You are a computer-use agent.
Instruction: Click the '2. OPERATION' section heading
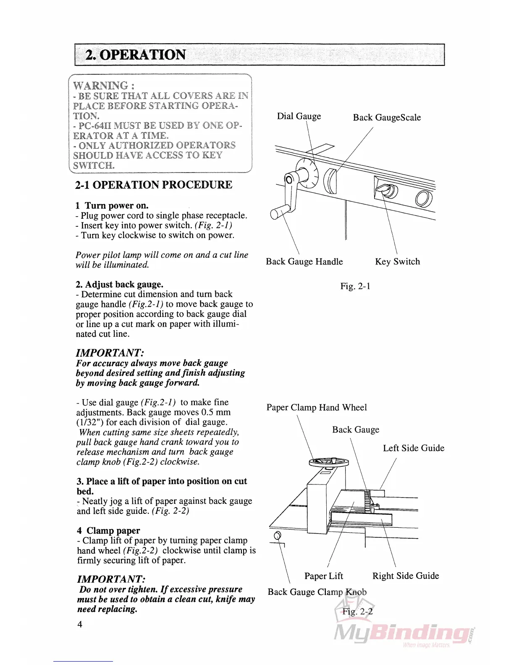[135, 55]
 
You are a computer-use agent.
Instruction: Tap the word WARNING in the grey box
[101, 86]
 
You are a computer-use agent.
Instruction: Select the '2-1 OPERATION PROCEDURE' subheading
[154, 185]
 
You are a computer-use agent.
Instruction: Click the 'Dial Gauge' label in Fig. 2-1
[299, 116]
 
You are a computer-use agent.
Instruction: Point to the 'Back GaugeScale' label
[387, 118]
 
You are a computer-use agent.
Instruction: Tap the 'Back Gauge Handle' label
[304, 262]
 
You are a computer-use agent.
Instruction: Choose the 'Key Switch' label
[397, 262]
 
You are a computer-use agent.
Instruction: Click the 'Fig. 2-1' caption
[355, 286]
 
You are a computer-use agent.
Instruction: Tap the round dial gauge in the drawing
[307, 173]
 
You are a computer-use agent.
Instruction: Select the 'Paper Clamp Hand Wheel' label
[317, 408]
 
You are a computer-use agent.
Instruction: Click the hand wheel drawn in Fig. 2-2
[329, 462]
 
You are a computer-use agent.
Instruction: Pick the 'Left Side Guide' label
[413, 448]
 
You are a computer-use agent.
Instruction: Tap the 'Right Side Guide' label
[406, 576]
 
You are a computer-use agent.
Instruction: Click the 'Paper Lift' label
[323, 576]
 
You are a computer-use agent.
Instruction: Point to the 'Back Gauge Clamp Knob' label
[317, 592]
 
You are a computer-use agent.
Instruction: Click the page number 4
[80, 624]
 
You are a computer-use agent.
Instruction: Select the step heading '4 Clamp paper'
[108, 531]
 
